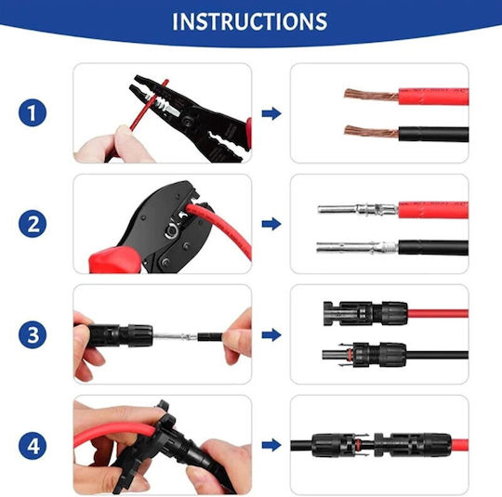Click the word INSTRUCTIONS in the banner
(x=250, y=21)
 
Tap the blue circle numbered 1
(x=33, y=112)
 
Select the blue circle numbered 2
(x=33, y=224)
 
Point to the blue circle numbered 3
(x=33, y=334)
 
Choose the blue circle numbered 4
(x=33, y=446)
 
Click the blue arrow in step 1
(x=271, y=113)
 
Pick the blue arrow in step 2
(x=271, y=224)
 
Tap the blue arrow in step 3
(x=271, y=334)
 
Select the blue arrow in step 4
(x=271, y=445)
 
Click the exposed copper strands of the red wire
(x=371, y=95)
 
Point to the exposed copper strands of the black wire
(x=371, y=131)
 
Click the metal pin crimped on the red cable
(x=358, y=210)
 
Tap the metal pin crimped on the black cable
(x=357, y=247)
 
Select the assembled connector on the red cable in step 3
(x=365, y=313)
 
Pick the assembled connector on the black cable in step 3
(x=364, y=355)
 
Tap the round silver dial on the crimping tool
(x=171, y=231)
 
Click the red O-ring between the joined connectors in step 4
(x=358, y=445)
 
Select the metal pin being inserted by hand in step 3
(x=175, y=336)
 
